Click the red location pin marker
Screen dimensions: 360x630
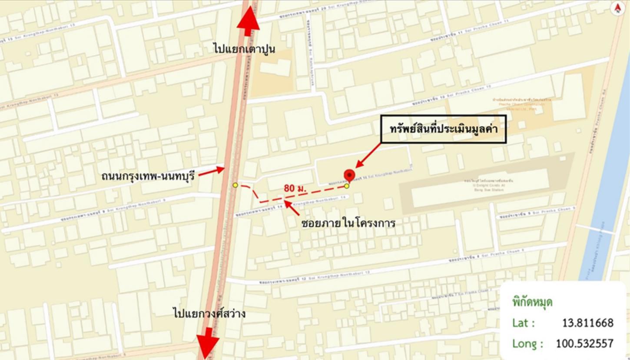pos(349,176)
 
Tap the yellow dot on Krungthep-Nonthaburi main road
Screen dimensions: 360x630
pos(235,185)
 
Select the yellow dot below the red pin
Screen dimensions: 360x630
pos(347,187)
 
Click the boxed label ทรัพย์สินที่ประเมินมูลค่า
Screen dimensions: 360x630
pos(444,129)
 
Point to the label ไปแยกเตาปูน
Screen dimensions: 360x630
pos(244,48)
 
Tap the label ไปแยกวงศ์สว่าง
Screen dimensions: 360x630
pos(209,312)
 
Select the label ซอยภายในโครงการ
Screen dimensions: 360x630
pos(348,223)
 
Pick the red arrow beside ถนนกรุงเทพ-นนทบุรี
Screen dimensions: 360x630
pos(211,171)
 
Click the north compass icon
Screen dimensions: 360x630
pos(617,8)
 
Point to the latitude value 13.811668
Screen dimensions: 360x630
pos(587,323)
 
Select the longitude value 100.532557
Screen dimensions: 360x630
pos(584,343)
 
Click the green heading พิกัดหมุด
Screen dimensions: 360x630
pos(532,302)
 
